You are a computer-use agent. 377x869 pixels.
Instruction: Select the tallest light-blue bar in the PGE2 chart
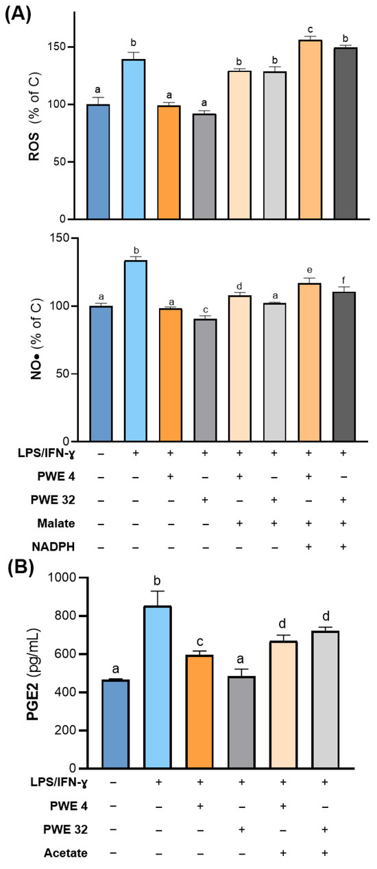[x=158, y=687]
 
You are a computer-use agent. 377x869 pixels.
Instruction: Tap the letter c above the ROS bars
[x=311, y=30]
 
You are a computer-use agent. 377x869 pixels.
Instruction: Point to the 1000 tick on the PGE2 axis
[x=62, y=578]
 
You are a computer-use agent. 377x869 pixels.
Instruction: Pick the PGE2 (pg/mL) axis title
[x=33, y=674]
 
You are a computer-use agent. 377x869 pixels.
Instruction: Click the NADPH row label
[x=53, y=546]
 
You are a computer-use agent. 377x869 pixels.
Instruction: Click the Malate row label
[x=56, y=523]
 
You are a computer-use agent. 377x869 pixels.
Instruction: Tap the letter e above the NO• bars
[x=309, y=270]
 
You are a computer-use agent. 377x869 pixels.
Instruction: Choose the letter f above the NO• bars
[x=343, y=279]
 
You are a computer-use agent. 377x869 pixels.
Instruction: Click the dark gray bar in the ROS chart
[x=345, y=133]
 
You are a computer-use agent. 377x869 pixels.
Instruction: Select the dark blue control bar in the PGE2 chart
[x=115, y=724]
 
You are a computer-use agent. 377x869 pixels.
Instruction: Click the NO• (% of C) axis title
[x=36, y=339]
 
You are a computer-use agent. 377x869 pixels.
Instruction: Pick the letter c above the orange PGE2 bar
[x=200, y=642]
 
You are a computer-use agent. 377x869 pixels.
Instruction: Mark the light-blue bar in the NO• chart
[x=136, y=351]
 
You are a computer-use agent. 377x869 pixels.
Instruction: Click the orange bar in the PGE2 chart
[x=199, y=712]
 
